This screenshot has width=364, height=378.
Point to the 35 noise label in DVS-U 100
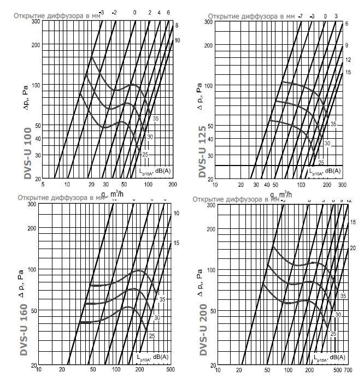click(156, 119)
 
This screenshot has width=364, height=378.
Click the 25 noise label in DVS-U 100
click(145, 155)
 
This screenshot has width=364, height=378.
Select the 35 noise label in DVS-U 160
click(162, 299)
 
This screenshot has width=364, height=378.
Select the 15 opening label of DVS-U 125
click(347, 72)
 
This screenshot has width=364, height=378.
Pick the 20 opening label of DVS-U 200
click(353, 248)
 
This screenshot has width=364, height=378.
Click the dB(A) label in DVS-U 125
click(333, 172)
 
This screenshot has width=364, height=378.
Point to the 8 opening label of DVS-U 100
click(177, 26)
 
